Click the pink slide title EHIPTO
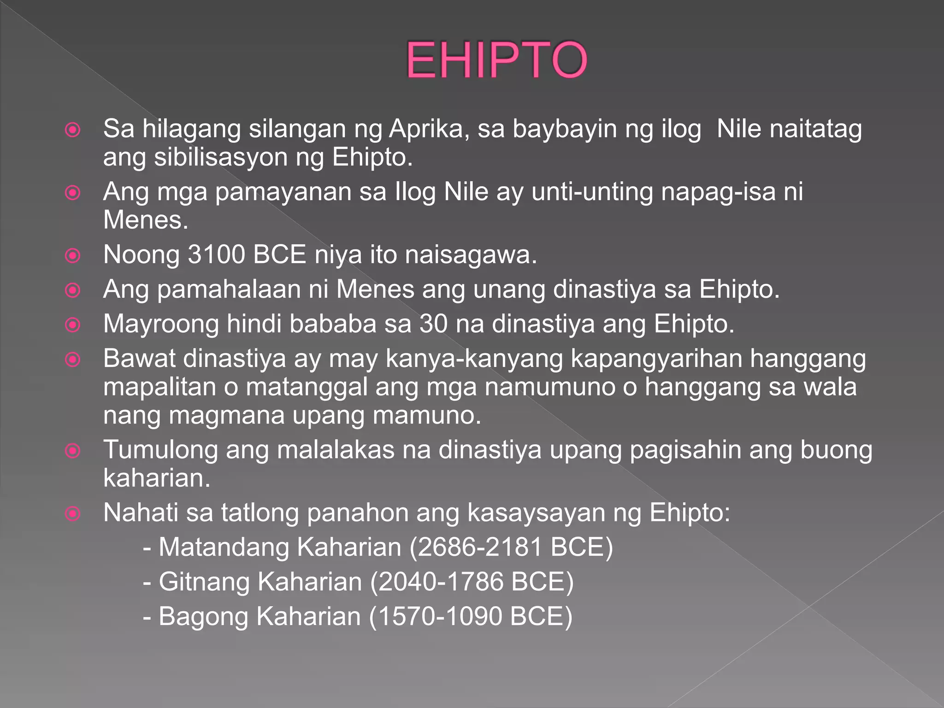click(496, 60)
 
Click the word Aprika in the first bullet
click(429, 129)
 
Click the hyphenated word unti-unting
click(592, 192)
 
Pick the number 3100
click(216, 255)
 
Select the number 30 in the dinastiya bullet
click(433, 324)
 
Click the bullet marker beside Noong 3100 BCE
click(73, 255)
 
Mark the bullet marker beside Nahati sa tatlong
click(73, 513)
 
